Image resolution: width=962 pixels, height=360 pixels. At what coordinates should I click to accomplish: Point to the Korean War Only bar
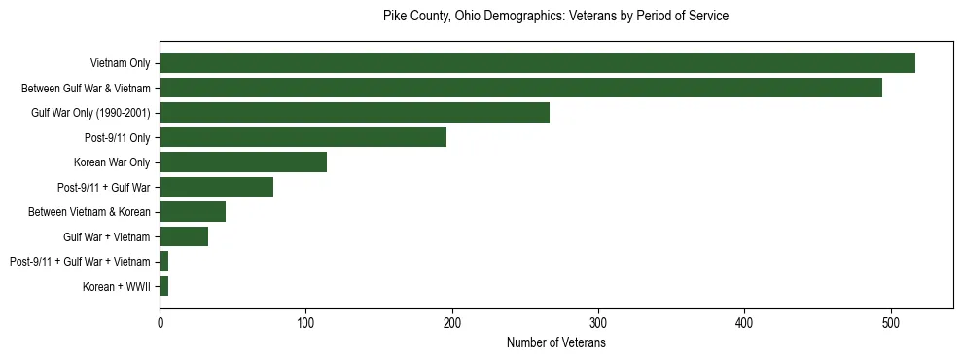243,162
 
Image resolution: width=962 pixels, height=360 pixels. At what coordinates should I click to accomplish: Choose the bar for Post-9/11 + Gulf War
216,187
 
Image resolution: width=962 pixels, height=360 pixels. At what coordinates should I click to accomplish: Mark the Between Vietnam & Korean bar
193,212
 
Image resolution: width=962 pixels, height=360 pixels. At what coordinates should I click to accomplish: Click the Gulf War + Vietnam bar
184,236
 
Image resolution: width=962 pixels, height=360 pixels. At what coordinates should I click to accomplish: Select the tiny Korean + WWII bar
164,286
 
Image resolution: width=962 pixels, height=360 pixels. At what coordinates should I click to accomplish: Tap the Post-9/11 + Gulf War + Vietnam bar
164,262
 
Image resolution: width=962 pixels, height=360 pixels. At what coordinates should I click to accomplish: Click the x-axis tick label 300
598,323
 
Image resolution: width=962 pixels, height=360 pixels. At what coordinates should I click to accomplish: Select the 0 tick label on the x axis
160,323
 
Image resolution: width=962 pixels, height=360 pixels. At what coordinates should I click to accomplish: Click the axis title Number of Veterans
556,342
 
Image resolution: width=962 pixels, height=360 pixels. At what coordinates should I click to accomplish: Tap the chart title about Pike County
556,17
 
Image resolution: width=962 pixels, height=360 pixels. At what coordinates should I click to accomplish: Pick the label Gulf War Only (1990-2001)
90,113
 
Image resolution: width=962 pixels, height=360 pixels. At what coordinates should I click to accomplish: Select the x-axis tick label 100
306,323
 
